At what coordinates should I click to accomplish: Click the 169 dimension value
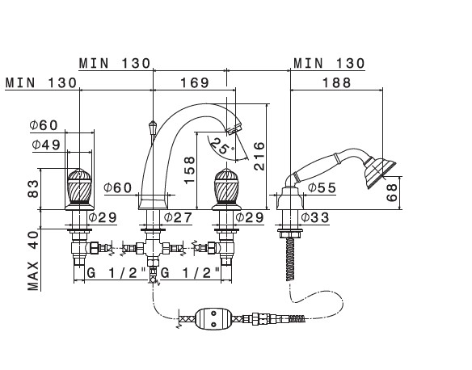(195, 82)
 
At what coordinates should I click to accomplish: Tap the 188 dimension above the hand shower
(337, 82)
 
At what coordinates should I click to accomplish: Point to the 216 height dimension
(259, 157)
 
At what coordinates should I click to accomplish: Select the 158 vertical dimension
(190, 170)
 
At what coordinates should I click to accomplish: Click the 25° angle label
(222, 145)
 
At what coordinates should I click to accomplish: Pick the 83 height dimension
(33, 189)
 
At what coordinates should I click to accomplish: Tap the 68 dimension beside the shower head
(392, 193)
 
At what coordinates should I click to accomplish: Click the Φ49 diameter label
(46, 145)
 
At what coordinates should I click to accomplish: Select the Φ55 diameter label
(322, 188)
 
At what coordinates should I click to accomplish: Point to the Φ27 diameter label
(178, 217)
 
